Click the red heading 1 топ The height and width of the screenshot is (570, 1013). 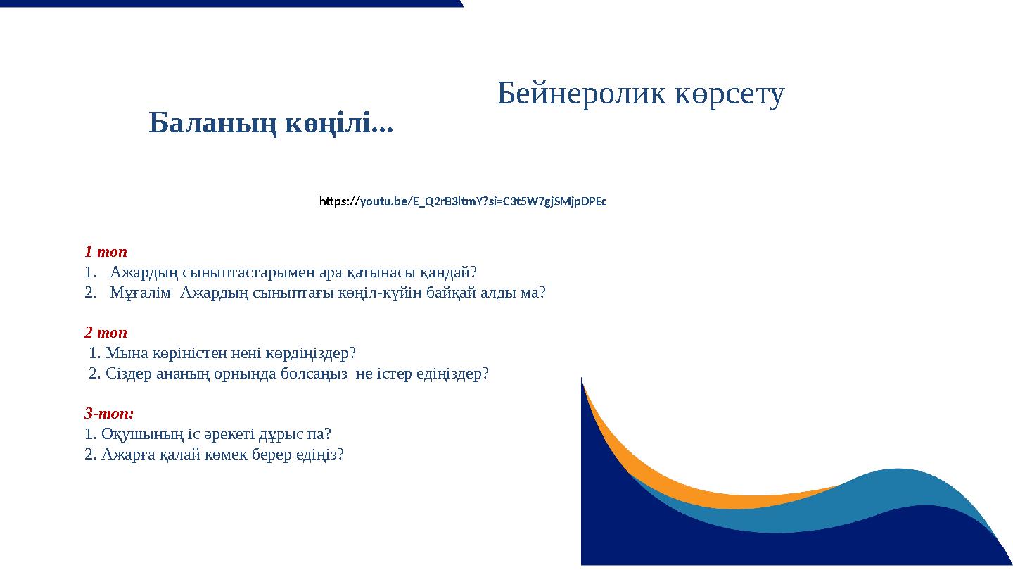pyautogui.click(x=106, y=251)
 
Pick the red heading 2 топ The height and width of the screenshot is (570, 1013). pyautogui.click(x=106, y=332)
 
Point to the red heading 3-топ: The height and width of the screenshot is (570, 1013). pyautogui.click(x=109, y=413)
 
